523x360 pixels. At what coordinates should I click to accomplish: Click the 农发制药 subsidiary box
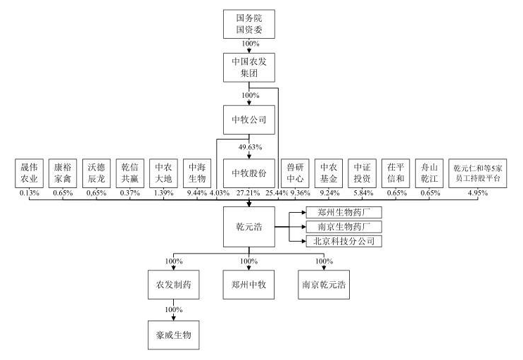[175, 286]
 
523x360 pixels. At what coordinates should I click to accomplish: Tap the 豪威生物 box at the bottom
[175, 333]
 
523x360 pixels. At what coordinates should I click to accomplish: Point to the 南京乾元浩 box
[324, 286]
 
